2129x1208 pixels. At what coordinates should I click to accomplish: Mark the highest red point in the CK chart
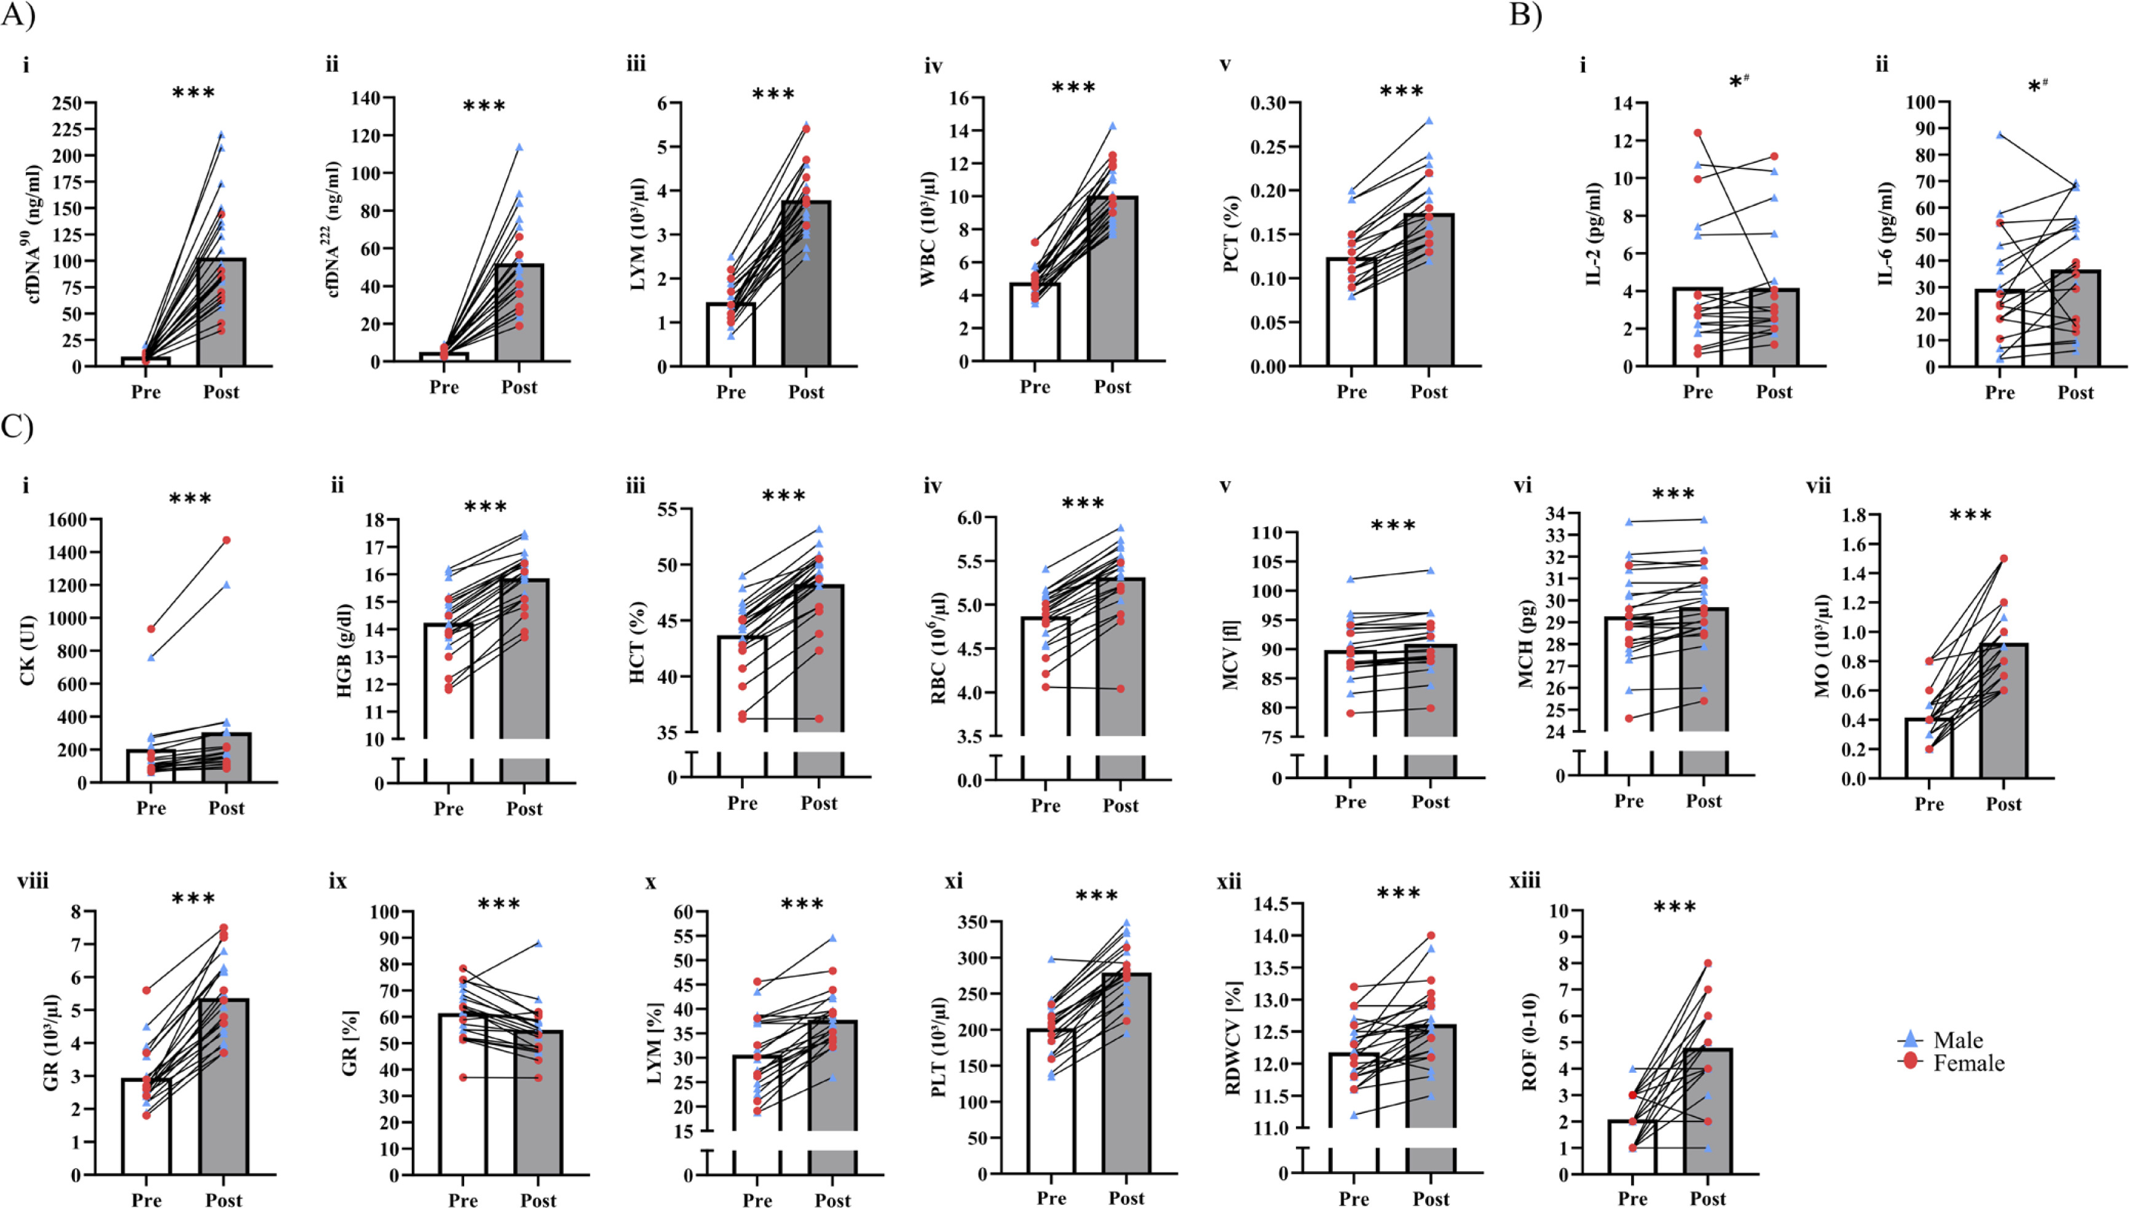click(x=227, y=540)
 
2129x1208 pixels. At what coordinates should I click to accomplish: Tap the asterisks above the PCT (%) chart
click(x=1401, y=92)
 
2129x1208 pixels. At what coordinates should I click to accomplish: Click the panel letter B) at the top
click(x=1525, y=14)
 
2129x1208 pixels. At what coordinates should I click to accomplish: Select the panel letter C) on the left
click(x=17, y=426)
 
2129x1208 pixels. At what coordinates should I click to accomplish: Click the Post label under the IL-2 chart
click(x=1774, y=391)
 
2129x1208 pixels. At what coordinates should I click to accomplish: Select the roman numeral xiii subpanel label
click(x=1525, y=881)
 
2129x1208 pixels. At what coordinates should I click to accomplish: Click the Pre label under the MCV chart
click(x=1351, y=801)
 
